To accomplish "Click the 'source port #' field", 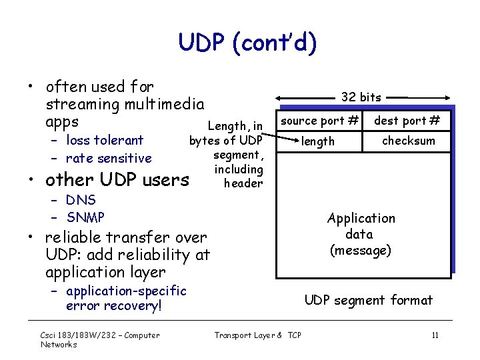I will (319, 121).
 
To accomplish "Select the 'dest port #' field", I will (407, 121).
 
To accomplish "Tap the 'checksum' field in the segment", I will (408, 141).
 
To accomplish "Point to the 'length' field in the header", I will (318, 141).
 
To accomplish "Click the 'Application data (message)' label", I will (361, 234).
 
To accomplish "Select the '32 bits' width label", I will (361, 97).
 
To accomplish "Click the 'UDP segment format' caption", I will (368, 300).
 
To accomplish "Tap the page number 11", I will (435, 335).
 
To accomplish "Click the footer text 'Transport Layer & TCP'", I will (257, 335).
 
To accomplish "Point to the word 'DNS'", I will (81, 200).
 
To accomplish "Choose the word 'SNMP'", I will (85, 217).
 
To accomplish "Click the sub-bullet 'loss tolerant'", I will (105, 140).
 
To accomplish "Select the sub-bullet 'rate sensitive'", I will (109, 158).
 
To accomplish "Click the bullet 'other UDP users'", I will (117, 180).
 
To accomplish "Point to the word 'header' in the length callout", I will (243, 183).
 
